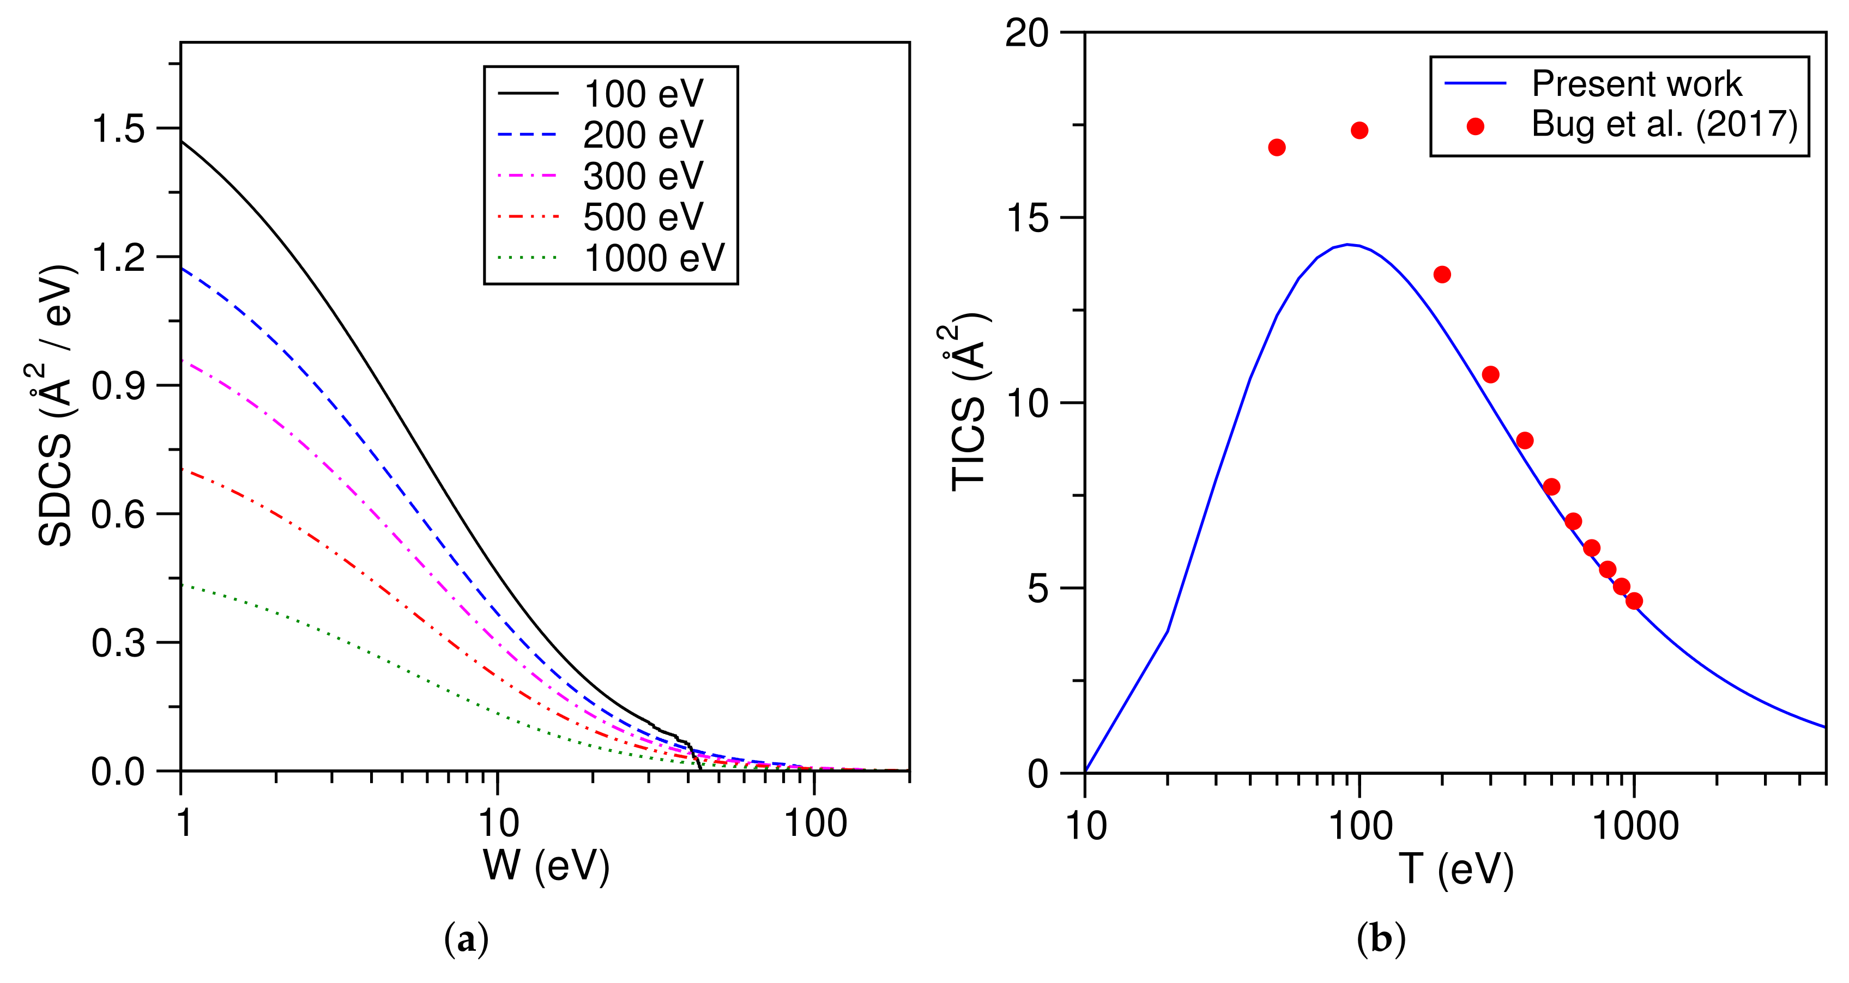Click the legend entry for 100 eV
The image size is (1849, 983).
(643, 94)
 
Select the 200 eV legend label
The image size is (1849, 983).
(643, 135)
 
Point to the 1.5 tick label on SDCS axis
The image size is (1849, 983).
(118, 129)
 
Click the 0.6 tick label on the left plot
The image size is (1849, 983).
(118, 514)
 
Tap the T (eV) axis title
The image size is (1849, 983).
(1455, 869)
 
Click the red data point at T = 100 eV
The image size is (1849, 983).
(1359, 131)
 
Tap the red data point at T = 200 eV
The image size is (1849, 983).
(1442, 275)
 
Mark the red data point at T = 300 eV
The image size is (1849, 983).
(1491, 374)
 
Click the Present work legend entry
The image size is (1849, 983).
(1636, 84)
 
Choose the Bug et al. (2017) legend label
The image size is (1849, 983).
(1664, 124)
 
